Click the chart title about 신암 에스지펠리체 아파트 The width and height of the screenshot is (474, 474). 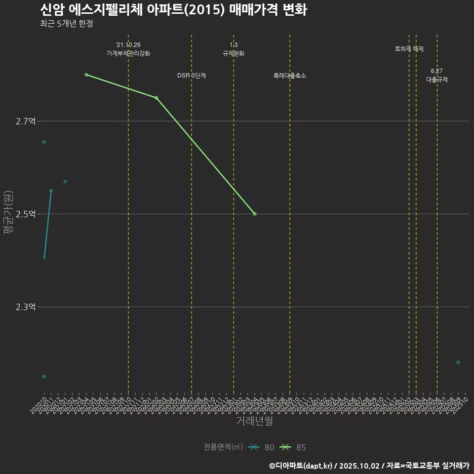pyautogui.click(x=173, y=9)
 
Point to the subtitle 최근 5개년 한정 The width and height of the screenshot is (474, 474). pyautogui.click(x=66, y=23)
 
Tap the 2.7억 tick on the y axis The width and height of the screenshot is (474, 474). pyautogui.click(x=26, y=121)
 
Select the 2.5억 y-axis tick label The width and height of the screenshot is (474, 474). pyautogui.click(x=26, y=214)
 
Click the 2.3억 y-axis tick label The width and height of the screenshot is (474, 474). pyautogui.click(x=26, y=307)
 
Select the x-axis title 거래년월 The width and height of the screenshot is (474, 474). pyautogui.click(x=254, y=421)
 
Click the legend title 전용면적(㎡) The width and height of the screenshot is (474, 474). pyautogui.click(x=223, y=447)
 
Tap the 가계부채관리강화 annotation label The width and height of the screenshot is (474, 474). pyautogui.click(x=128, y=53)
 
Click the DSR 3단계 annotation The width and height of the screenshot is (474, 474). pyautogui.click(x=192, y=76)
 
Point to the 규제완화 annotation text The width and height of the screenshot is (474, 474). pyautogui.click(x=234, y=53)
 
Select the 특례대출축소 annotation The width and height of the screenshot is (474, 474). pyautogui.click(x=290, y=76)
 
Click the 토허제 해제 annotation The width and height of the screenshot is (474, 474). pyautogui.click(x=409, y=49)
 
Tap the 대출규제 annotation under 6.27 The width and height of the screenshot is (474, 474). pyautogui.click(x=437, y=79)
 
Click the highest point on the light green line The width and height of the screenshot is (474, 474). pyautogui.click(x=86, y=75)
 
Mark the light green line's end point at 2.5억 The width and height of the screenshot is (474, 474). pyautogui.click(x=254, y=214)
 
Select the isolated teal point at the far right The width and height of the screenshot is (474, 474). pyautogui.click(x=458, y=362)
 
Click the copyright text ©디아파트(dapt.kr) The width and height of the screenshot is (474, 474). pyautogui.click(x=301, y=465)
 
